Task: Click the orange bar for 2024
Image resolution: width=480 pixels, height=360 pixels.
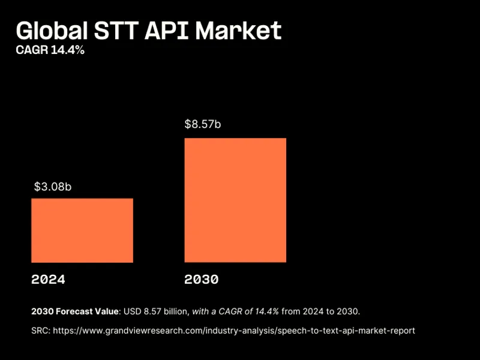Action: (82, 230)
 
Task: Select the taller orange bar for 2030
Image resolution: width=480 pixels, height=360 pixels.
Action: (235, 200)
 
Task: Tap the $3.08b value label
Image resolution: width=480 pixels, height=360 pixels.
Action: (53, 187)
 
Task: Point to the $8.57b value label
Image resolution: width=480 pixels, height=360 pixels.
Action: (203, 125)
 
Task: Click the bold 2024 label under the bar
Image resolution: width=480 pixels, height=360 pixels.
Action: (48, 280)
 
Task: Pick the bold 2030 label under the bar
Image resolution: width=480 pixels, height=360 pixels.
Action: (202, 280)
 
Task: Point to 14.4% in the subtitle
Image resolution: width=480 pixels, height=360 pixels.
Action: (68, 50)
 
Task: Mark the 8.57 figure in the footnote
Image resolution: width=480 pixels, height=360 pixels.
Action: (152, 311)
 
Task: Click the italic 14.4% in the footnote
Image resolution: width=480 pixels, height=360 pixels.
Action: (265, 311)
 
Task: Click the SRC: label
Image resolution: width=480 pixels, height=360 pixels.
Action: (41, 331)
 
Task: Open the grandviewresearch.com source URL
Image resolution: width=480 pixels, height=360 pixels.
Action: (234, 331)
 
